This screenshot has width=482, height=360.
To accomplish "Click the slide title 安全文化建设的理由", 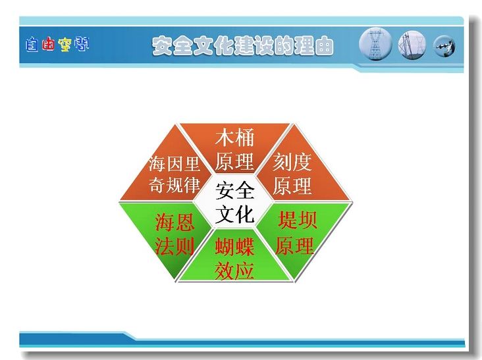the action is [243, 46].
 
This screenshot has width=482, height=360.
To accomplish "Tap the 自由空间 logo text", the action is [57, 44].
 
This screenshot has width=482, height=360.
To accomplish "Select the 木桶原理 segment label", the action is [234, 149].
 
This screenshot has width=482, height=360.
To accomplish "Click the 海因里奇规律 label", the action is [174, 174].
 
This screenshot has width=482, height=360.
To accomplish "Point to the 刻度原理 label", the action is [292, 174].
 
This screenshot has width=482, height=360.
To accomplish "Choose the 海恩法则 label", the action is [174, 234].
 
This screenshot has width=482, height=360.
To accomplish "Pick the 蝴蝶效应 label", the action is [234, 259].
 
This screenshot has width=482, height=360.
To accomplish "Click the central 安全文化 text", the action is [235, 202].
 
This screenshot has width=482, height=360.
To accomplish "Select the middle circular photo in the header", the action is [412, 45].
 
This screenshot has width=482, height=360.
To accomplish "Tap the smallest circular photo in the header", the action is [444, 46].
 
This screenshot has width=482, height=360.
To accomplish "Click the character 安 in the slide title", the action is [162, 46].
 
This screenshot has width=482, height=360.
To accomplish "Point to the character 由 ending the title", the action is [324, 46].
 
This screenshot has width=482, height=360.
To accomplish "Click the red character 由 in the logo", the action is [48, 43].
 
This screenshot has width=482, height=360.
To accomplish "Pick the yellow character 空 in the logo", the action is [65, 45].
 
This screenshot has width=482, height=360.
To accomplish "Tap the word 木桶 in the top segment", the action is [234, 138].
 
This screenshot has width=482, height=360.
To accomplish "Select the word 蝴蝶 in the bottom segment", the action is [234, 247].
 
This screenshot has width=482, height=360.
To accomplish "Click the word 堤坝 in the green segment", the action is [297, 220].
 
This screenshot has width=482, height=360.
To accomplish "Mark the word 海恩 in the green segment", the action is [174, 222].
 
